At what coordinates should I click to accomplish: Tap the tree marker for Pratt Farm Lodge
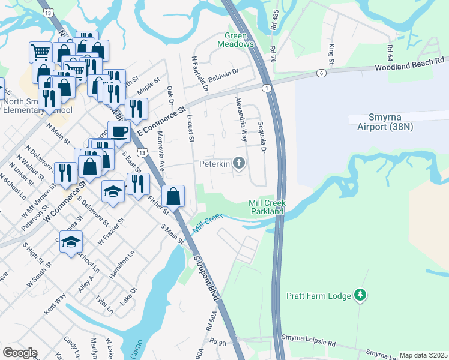tap(360, 295)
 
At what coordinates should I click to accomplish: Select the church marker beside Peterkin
tap(239, 163)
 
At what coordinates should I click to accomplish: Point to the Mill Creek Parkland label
tap(267, 208)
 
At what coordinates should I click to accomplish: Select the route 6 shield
tap(322, 73)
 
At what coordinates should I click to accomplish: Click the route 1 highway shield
tap(265, 88)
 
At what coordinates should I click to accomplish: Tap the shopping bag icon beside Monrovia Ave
tap(173, 196)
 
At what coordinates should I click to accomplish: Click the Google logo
tap(20, 353)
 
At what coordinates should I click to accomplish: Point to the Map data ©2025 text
tap(423, 356)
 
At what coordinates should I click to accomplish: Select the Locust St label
tap(191, 128)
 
